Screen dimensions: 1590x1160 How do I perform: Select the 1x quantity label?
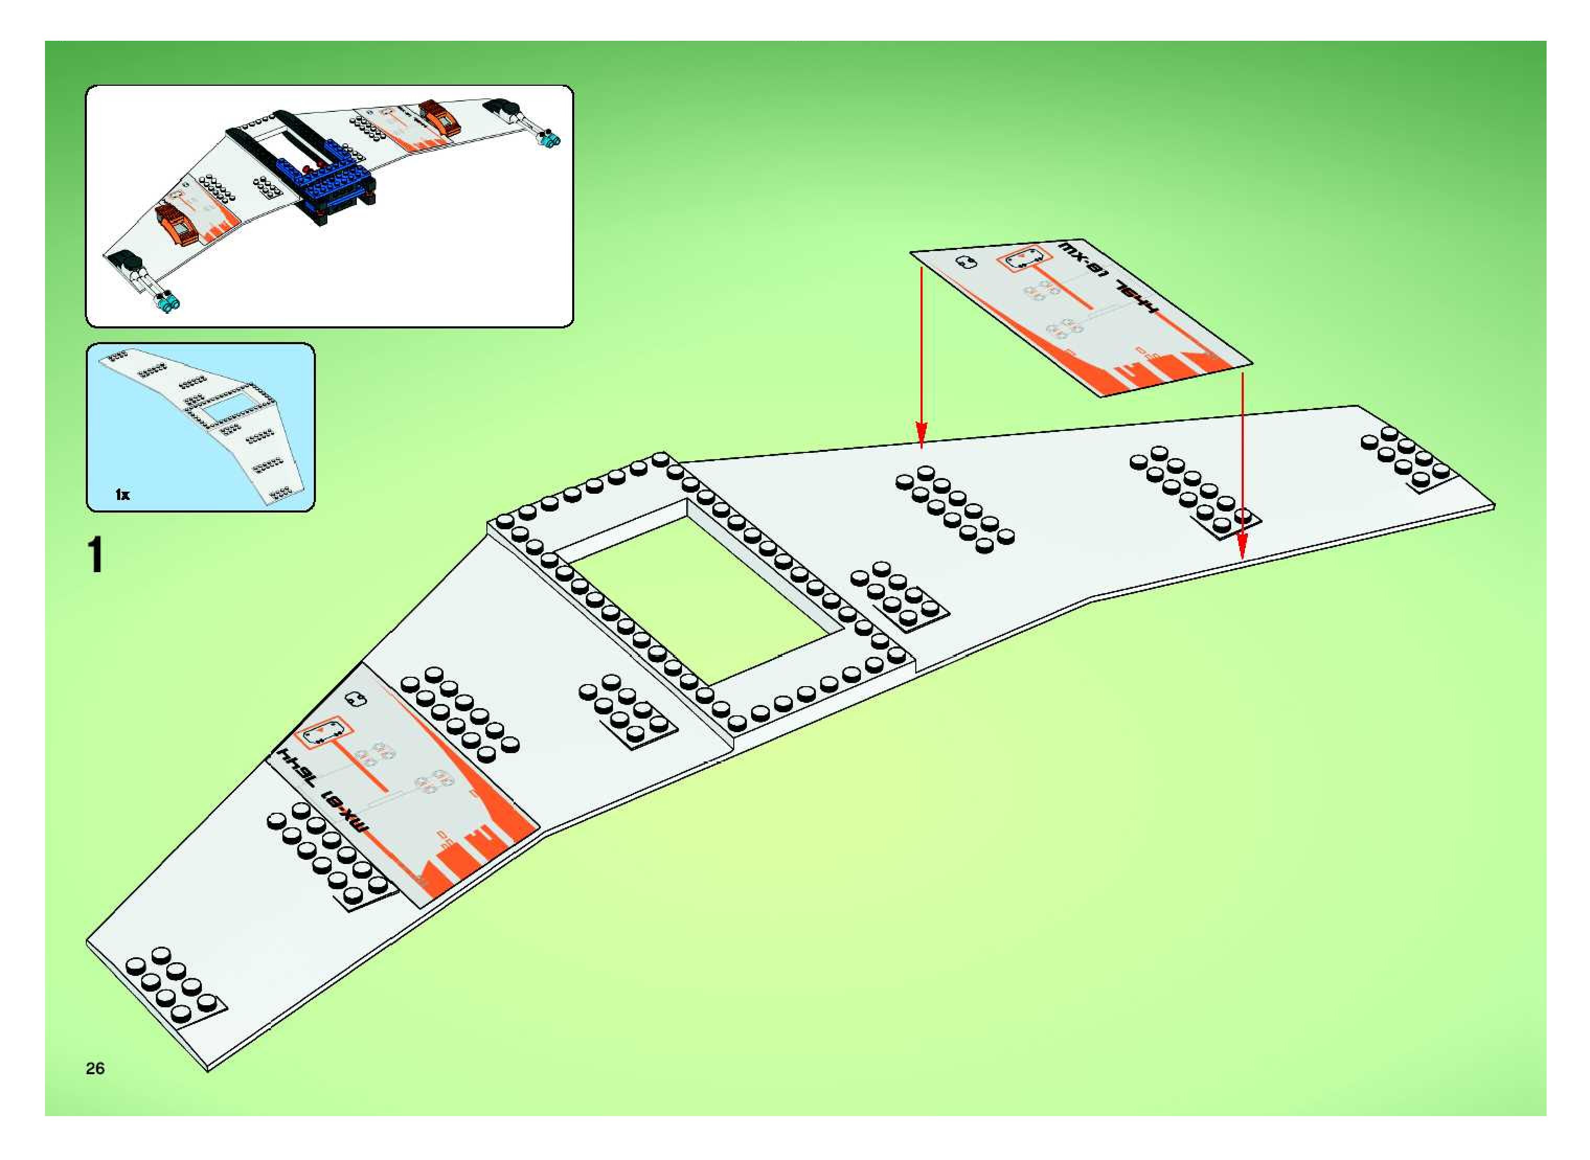click(122, 494)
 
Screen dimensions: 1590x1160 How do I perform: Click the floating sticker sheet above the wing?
click(1082, 320)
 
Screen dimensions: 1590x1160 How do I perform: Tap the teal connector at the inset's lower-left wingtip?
click(168, 304)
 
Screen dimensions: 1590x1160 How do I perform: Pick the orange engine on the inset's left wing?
click(179, 223)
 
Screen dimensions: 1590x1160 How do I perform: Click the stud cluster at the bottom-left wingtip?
click(172, 983)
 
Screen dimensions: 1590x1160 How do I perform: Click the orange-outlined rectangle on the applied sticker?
click(322, 733)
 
